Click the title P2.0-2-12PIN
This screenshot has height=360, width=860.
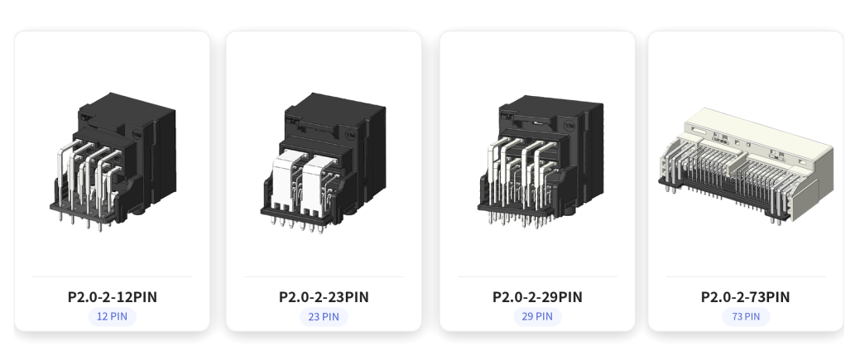(113, 297)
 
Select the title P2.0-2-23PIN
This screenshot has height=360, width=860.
(324, 297)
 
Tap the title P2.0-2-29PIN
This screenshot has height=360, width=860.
(537, 297)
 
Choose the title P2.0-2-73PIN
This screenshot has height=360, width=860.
(746, 297)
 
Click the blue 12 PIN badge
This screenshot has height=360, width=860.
(112, 317)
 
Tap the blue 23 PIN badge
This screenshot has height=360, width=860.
(324, 317)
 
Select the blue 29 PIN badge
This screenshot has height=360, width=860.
(537, 317)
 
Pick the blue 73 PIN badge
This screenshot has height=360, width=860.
(746, 317)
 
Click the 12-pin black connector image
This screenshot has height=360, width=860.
(113, 161)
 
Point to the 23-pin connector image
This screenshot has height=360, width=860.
(323, 161)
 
